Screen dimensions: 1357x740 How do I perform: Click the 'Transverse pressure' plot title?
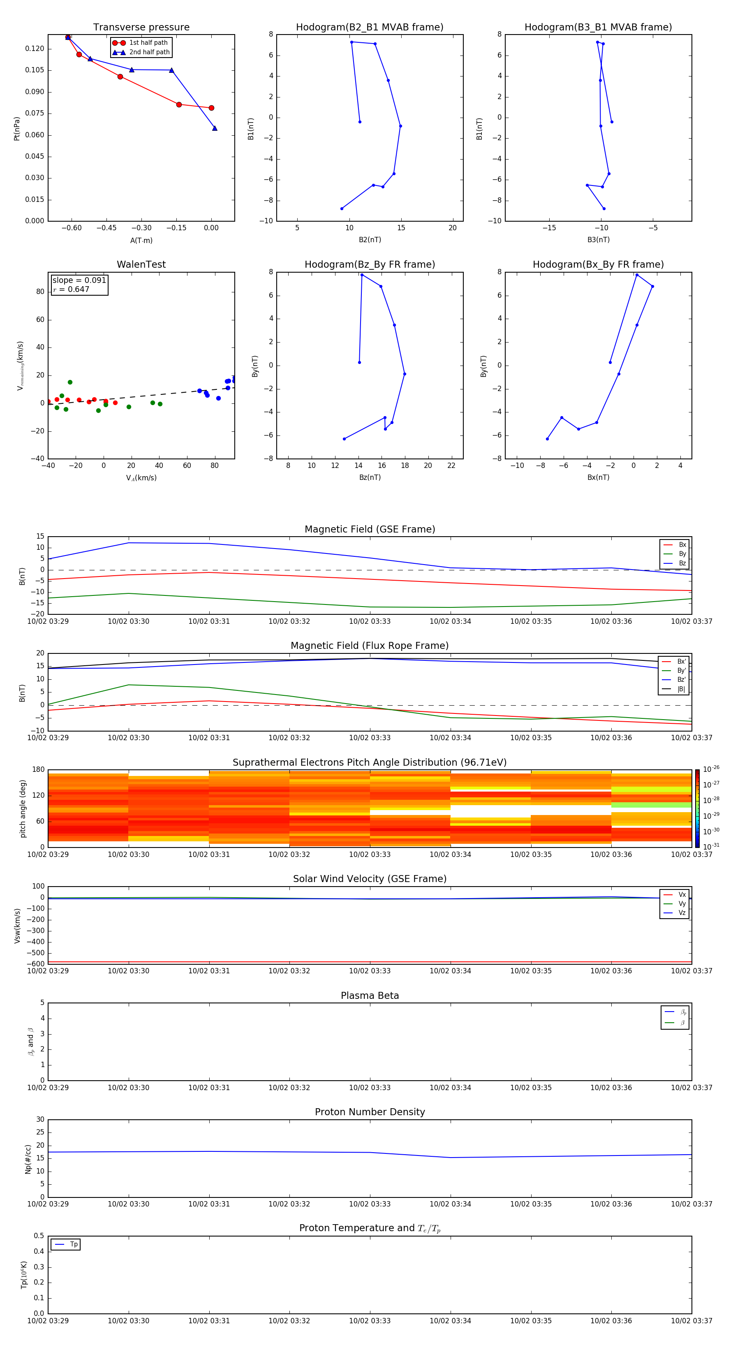click(141, 28)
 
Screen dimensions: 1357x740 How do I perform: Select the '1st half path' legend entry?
click(148, 43)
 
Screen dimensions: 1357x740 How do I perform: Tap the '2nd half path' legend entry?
click(150, 52)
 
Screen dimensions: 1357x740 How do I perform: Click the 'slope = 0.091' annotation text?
click(79, 280)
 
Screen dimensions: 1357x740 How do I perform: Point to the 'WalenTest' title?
click(141, 264)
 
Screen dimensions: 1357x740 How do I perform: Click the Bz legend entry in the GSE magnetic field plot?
click(682, 563)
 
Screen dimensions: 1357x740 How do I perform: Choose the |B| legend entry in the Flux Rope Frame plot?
click(681, 689)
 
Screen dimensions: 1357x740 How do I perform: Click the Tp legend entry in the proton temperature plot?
click(74, 1244)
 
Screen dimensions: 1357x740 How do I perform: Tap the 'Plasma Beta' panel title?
click(370, 996)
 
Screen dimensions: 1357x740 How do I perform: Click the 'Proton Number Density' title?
click(370, 1112)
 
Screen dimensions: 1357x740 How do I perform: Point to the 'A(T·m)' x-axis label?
click(141, 241)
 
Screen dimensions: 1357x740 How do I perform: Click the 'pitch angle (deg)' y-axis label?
click(23, 808)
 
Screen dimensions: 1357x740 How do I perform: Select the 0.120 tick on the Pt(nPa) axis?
click(35, 49)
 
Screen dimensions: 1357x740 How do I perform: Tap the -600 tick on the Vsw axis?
click(35, 964)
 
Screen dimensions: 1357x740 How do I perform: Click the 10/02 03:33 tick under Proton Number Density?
click(370, 1204)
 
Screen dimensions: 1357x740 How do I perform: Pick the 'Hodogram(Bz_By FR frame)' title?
click(370, 264)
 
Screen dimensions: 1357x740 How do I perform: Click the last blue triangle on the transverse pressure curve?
click(214, 128)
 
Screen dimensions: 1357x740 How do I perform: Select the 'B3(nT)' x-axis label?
click(598, 240)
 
